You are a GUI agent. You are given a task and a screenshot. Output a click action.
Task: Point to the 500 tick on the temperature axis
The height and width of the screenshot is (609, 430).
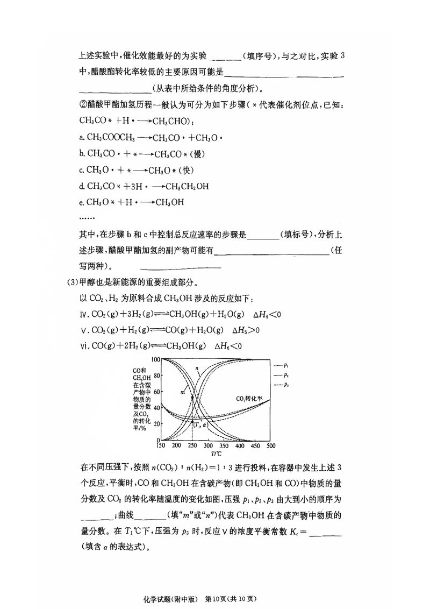click(x=270, y=446)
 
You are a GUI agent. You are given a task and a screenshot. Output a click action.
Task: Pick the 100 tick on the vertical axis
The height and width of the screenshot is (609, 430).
click(x=155, y=359)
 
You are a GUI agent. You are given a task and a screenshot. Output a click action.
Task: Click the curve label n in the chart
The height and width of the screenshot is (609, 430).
click(x=197, y=369)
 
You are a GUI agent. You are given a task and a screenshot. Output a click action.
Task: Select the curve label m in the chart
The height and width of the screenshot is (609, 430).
click(x=183, y=393)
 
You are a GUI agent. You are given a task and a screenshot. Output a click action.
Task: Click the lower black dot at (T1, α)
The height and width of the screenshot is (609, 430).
click(x=192, y=421)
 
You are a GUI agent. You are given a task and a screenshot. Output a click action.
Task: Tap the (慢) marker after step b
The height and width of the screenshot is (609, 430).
click(x=195, y=154)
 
